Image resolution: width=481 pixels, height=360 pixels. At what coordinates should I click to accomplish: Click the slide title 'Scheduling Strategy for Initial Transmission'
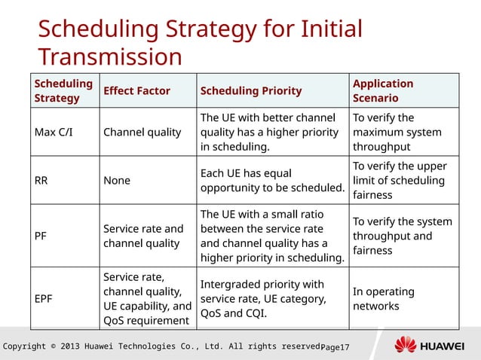(200, 42)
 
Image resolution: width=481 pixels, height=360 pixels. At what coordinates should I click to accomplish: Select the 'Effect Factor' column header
(136, 91)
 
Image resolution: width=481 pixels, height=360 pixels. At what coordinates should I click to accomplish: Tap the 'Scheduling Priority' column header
(250, 91)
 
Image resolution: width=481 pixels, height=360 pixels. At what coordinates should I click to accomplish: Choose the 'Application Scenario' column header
(383, 90)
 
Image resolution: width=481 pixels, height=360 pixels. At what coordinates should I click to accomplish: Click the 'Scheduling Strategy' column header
(63, 90)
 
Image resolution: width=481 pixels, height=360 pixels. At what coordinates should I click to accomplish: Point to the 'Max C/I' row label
(54, 133)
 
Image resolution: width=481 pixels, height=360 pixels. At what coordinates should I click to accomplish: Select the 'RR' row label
(42, 180)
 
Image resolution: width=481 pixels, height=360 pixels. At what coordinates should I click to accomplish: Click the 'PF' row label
(41, 236)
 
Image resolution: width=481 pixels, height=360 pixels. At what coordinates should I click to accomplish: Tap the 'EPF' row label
(44, 298)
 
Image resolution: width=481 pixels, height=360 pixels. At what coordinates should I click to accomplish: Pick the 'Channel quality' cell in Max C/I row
(142, 133)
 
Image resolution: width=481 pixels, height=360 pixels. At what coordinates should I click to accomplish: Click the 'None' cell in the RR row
(117, 180)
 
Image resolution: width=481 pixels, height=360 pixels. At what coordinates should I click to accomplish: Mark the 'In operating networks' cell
(383, 298)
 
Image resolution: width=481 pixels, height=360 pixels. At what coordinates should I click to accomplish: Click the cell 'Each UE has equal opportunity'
(271, 180)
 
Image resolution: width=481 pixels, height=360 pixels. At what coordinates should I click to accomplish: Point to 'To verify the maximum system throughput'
(391, 133)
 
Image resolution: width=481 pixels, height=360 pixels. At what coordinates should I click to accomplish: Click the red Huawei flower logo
(406, 346)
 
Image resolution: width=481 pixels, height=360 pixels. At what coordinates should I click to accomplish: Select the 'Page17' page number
(335, 347)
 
